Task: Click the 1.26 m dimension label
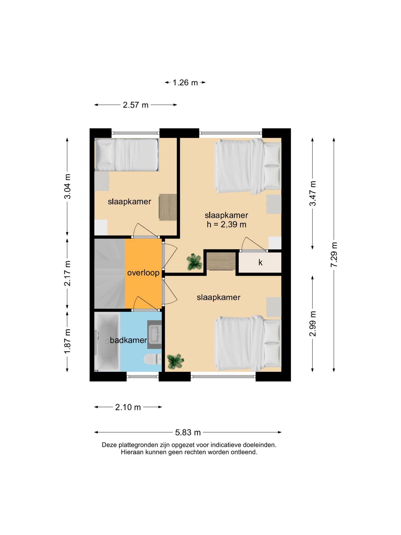(x=185, y=82)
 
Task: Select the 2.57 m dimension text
(x=136, y=105)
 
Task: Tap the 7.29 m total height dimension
(x=334, y=255)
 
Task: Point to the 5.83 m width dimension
(x=188, y=432)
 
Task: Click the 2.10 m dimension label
(x=128, y=407)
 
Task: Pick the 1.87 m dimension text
(x=67, y=341)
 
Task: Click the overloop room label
(x=143, y=273)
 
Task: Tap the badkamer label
(x=128, y=340)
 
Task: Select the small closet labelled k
(x=260, y=262)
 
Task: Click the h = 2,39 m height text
(x=226, y=224)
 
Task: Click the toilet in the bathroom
(x=153, y=359)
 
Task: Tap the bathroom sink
(x=154, y=334)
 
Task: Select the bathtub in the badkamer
(x=107, y=342)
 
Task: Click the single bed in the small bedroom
(x=127, y=155)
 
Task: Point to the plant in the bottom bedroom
(x=175, y=361)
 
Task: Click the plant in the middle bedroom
(x=194, y=262)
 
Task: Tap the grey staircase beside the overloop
(x=110, y=274)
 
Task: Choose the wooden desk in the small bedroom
(x=168, y=207)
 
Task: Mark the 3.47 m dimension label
(x=313, y=193)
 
